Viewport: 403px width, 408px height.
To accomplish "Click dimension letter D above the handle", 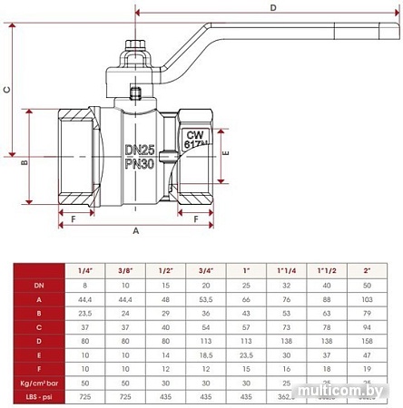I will [273, 8].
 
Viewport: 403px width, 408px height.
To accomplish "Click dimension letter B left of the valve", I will [25, 162].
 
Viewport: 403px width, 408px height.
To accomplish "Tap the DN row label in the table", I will [38, 285].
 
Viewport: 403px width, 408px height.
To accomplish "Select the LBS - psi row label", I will [38, 398].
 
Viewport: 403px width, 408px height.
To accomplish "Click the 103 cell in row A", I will [366, 298].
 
